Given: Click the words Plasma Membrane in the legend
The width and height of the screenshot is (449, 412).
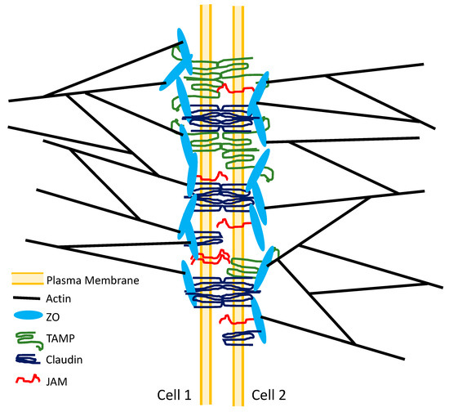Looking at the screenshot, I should [92, 280].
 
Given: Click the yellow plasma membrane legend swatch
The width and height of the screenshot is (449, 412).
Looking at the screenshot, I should [27, 280].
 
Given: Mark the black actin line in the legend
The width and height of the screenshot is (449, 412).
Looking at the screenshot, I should [27, 299].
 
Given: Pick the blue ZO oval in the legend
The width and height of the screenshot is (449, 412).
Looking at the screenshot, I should [27, 317].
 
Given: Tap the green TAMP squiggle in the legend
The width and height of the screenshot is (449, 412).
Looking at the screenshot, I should [27, 337].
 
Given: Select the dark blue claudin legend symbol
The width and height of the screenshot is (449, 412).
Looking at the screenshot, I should [27, 358].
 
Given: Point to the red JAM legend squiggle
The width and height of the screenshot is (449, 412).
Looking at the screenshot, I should [27, 378].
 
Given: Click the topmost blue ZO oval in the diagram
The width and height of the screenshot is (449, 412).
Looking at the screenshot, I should [183, 50].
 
